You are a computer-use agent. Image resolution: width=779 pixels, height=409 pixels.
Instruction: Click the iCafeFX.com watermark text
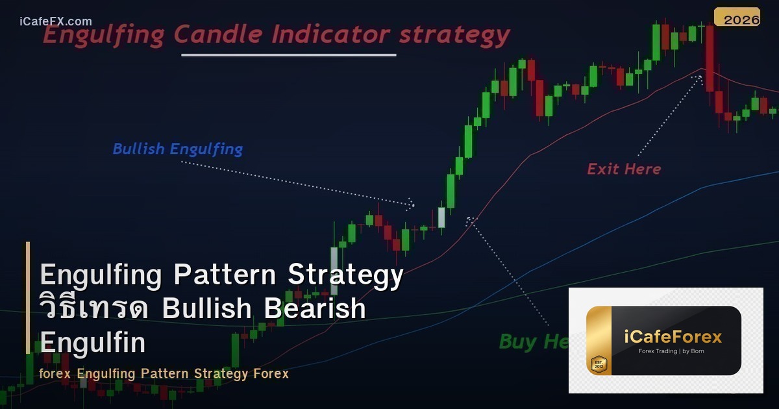pos(56,21)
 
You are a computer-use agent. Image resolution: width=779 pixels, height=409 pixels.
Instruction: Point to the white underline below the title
pos(288,55)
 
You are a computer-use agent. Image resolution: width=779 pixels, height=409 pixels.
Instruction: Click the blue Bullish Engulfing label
pos(177,149)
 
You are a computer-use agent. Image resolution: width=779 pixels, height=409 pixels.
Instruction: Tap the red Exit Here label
pos(624,169)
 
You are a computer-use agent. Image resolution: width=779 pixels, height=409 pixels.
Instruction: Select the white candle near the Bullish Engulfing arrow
pos(441,217)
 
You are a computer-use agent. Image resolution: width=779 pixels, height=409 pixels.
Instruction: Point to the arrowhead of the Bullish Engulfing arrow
pos(411,204)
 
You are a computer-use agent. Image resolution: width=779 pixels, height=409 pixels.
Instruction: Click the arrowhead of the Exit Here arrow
pos(698,79)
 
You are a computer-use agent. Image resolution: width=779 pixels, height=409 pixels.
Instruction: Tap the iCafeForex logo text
pos(673,337)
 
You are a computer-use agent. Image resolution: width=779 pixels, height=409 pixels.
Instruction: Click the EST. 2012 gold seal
pos(599,365)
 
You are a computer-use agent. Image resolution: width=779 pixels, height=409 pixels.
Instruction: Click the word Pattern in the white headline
pos(227,275)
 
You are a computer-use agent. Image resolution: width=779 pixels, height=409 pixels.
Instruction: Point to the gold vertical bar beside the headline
pos(28,298)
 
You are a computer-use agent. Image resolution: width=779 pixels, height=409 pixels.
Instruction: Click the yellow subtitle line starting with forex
pos(164,374)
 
